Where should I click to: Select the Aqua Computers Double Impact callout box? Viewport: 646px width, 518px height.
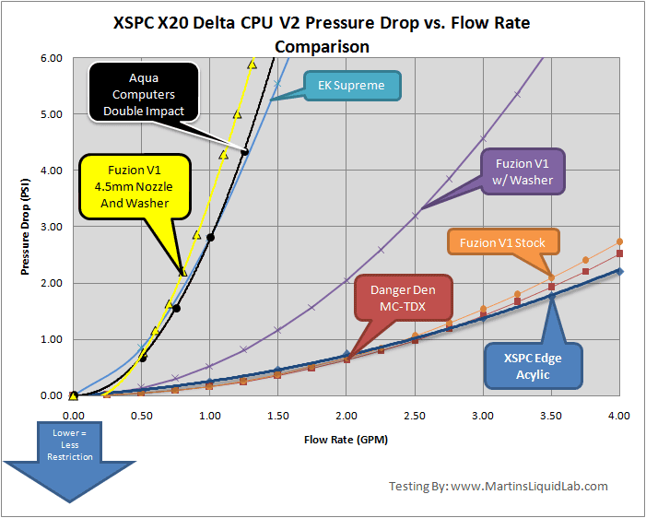[144, 92]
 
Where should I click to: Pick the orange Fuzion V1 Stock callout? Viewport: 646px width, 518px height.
[503, 243]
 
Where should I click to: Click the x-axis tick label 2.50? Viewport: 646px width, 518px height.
[415, 417]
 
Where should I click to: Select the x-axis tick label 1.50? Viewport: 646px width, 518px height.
[278, 417]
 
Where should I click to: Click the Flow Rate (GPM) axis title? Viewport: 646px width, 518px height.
[346, 440]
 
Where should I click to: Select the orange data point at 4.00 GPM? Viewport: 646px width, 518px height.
[619, 241]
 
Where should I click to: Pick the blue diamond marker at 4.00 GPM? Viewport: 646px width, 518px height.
[619, 271]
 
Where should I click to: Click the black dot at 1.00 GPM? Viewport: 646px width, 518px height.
[210, 238]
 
